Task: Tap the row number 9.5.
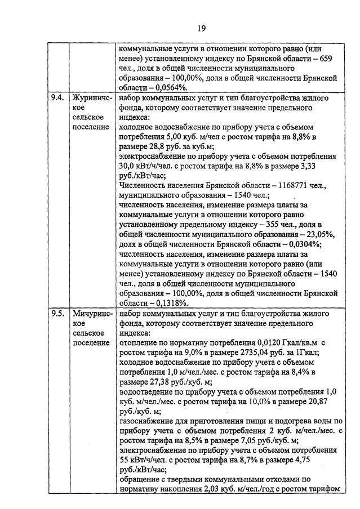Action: tap(56, 314)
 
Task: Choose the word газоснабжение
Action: tap(148, 421)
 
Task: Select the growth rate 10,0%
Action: tap(259, 401)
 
